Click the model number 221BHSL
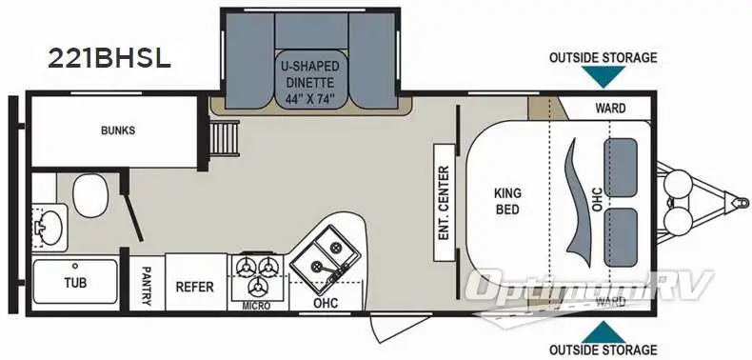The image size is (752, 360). tap(109, 58)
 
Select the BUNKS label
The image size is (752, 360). tap(118, 130)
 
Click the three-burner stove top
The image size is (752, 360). tap(257, 273)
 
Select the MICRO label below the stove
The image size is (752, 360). tap(257, 306)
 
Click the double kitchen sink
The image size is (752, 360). tap(318, 256)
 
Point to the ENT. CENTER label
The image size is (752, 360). tap(443, 201)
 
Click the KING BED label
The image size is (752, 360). tap(507, 200)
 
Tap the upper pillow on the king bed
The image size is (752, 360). tap(622, 163)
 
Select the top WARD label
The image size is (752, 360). tap(610, 108)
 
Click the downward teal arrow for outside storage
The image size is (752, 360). tap(603, 77)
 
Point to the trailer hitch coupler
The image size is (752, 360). tap(735, 200)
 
